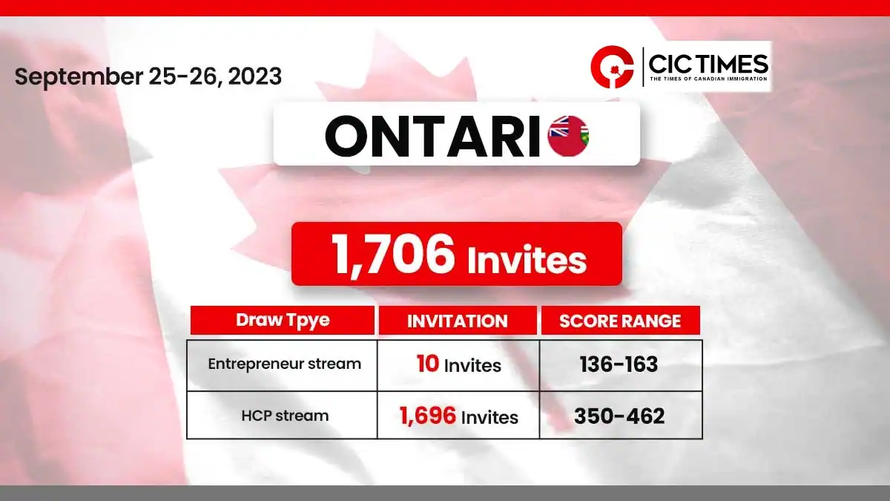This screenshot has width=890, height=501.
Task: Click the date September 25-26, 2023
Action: [x=148, y=76]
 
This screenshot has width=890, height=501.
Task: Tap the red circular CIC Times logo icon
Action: [x=612, y=67]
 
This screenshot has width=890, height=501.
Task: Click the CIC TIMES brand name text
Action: [x=708, y=64]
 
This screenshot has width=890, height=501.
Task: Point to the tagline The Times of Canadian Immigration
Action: [x=708, y=79]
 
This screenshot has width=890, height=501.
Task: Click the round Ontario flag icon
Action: [x=568, y=136]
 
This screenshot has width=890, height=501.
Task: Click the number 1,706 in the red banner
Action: [x=393, y=255]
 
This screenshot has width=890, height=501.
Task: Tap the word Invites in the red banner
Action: [x=527, y=260]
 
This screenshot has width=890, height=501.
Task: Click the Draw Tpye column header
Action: [x=283, y=320]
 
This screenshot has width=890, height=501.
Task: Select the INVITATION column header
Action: [x=458, y=321]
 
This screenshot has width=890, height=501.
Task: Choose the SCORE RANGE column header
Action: [x=620, y=321]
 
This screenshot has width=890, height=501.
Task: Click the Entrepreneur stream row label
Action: [x=285, y=364]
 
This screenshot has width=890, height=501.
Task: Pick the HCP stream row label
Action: [x=285, y=416]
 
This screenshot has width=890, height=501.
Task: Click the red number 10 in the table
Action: [x=427, y=364]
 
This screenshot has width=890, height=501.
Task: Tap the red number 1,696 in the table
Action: [x=427, y=416]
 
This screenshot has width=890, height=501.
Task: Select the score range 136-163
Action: [x=619, y=364]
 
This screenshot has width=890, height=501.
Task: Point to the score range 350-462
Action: [x=619, y=416]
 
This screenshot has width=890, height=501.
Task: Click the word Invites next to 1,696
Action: [x=489, y=417]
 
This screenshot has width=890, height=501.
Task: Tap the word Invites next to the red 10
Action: [x=472, y=366]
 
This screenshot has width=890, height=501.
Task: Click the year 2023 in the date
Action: [x=254, y=76]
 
